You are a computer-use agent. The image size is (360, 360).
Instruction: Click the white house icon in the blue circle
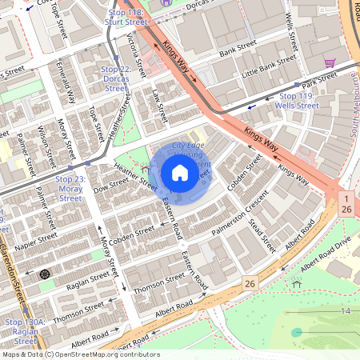(x=180, y=172)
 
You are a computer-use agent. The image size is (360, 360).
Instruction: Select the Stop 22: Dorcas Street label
(x=120, y=74)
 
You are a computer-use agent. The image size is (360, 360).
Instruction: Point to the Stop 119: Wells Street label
(x=296, y=100)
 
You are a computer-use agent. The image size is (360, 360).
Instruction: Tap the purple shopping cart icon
(x=329, y=62)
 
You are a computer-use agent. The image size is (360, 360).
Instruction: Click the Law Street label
(x=157, y=106)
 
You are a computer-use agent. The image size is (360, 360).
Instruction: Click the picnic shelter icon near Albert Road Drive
(x=297, y=282)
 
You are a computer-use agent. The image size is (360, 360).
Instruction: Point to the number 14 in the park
(x=346, y=310)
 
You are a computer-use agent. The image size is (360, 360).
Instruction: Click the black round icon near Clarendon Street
(x=45, y=274)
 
